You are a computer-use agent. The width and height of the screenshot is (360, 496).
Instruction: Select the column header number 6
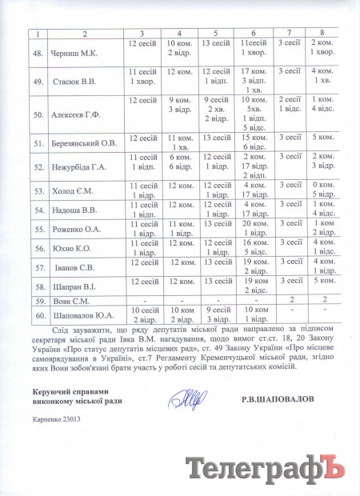[242, 32]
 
